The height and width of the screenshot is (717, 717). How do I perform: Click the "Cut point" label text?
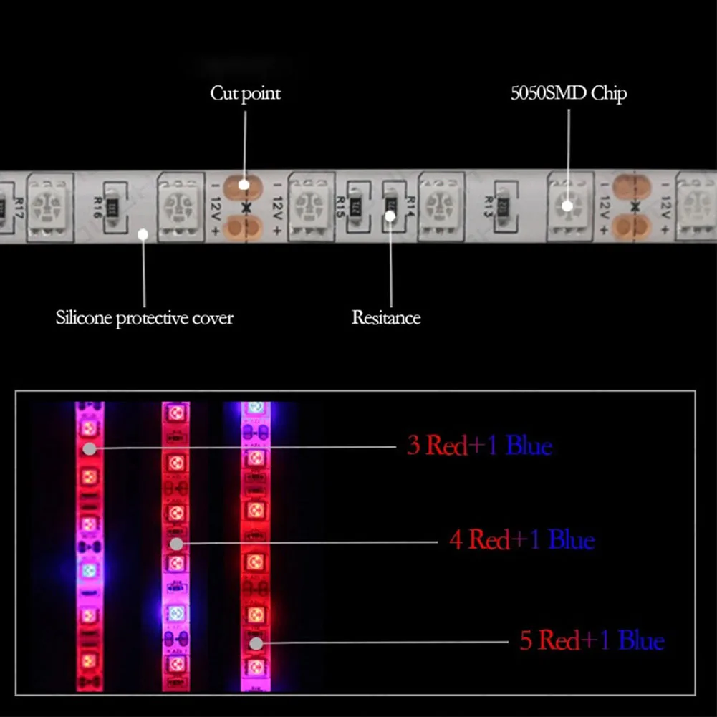click(x=245, y=94)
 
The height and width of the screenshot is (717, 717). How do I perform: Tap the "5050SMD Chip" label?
click(x=569, y=94)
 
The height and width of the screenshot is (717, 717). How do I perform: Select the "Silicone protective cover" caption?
click(x=145, y=317)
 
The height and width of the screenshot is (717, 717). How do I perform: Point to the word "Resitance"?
click(x=386, y=317)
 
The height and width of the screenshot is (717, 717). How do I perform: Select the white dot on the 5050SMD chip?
click(x=567, y=206)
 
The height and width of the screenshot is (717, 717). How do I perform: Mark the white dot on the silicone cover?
click(x=143, y=233)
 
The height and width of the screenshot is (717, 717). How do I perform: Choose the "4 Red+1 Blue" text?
click(x=521, y=539)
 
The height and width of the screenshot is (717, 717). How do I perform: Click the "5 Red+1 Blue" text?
click(x=592, y=640)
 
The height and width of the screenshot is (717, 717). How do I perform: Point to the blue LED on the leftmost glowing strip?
click(x=89, y=570)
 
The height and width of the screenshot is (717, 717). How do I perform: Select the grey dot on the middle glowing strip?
click(x=176, y=544)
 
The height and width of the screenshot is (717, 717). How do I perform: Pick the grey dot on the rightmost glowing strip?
click(x=256, y=643)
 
